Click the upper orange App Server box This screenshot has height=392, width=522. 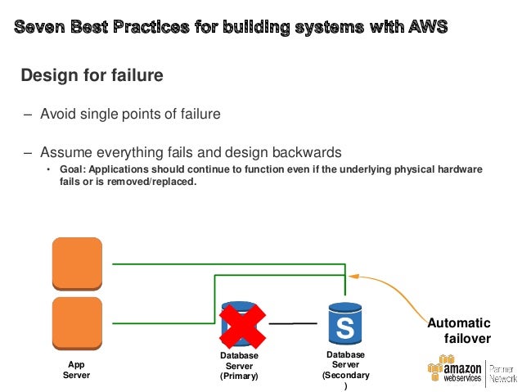pyautogui.click(x=77, y=263)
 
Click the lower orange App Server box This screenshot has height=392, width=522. pyautogui.click(x=77, y=322)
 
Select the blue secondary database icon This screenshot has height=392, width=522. pyautogui.click(x=344, y=325)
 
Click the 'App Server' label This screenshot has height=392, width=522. pyautogui.click(x=76, y=370)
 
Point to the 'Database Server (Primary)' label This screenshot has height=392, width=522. pyautogui.click(x=239, y=366)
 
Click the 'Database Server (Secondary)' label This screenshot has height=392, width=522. pyautogui.click(x=345, y=370)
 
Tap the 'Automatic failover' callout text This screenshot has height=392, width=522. pyautogui.click(x=461, y=331)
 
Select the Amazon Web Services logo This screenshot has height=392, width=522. pyautogui.click(x=455, y=370)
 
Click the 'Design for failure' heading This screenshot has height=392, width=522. pyautogui.click(x=92, y=76)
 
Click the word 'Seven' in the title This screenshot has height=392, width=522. pyautogui.click(x=40, y=28)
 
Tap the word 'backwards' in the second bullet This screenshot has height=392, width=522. pyautogui.click(x=303, y=152)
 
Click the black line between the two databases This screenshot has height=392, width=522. pyautogui.click(x=292, y=324)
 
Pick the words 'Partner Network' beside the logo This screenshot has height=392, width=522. pyautogui.click(x=503, y=372)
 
